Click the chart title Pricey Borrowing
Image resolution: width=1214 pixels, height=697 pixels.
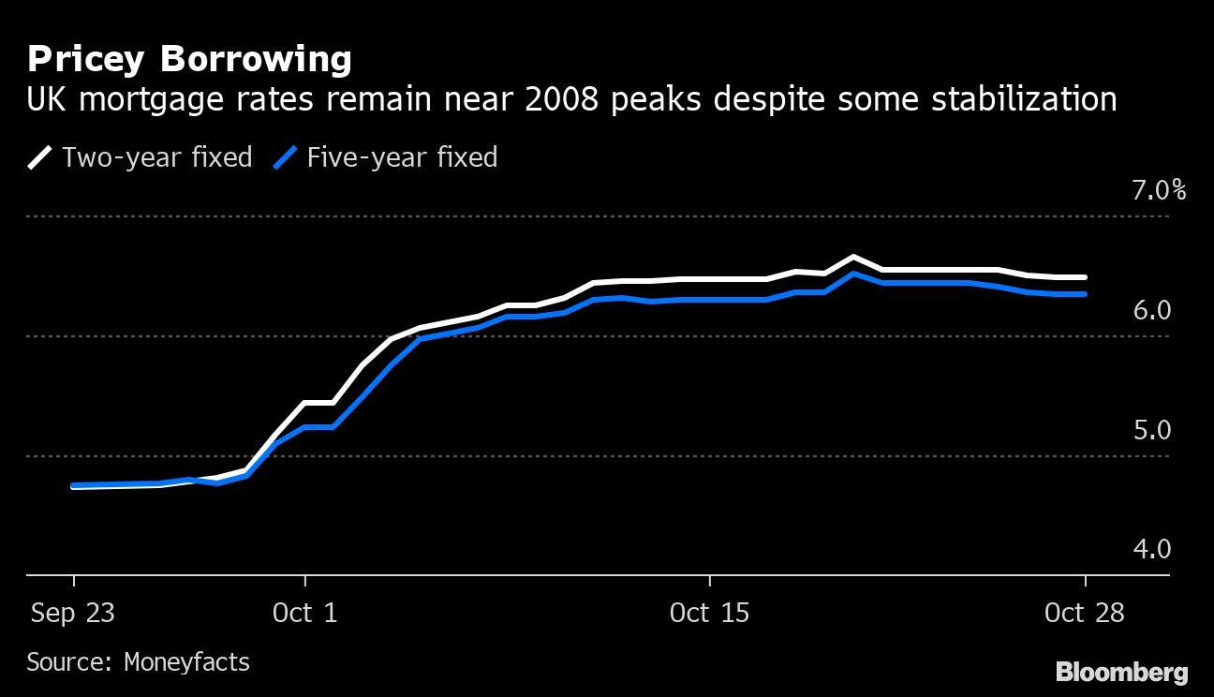point(189,60)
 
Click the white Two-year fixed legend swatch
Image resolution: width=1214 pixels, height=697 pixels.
point(39,156)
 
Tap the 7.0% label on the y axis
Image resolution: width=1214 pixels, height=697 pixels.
point(1159,191)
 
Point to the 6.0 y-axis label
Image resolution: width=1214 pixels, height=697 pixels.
point(1152,310)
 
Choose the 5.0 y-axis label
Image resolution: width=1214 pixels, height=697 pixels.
point(1152,430)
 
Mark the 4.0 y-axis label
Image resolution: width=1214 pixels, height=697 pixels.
point(1152,549)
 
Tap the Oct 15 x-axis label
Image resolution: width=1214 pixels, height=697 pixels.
point(710,614)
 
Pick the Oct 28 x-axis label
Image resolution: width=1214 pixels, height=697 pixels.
point(1084,614)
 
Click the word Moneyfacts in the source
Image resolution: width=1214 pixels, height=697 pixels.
point(186,662)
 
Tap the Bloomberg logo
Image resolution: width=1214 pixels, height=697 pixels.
point(1121,672)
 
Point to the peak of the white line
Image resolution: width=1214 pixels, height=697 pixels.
point(853,257)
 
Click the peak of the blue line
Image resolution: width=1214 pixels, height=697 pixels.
point(853,274)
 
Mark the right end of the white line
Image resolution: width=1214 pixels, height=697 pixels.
point(1085,277)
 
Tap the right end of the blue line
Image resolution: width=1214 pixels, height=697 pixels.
point(1085,294)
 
